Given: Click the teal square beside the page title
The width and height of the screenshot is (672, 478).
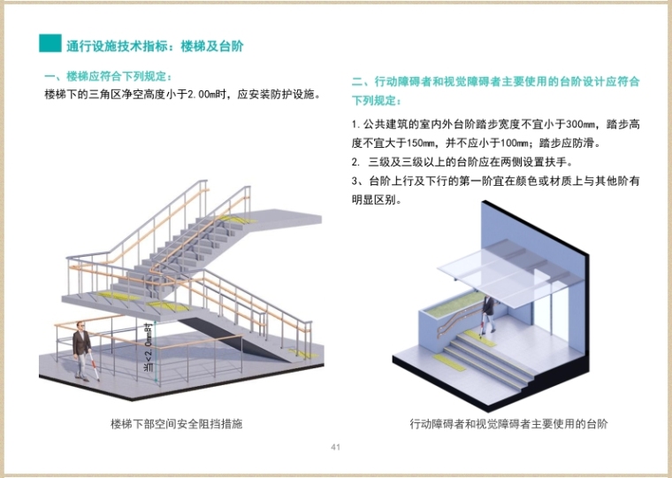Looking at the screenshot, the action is click(x=50, y=43).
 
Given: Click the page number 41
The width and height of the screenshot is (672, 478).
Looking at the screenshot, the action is click(x=335, y=446).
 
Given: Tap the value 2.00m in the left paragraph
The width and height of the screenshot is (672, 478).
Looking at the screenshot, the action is click(x=208, y=94).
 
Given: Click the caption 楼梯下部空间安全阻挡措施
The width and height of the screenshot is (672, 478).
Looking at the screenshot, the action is click(x=177, y=424).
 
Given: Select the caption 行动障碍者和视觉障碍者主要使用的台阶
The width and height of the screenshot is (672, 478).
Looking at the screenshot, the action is click(x=508, y=424).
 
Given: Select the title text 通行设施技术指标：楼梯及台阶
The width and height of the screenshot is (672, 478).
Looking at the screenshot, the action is click(x=155, y=44).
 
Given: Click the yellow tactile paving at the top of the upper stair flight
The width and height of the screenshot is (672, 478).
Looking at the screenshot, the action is click(x=236, y=216).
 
